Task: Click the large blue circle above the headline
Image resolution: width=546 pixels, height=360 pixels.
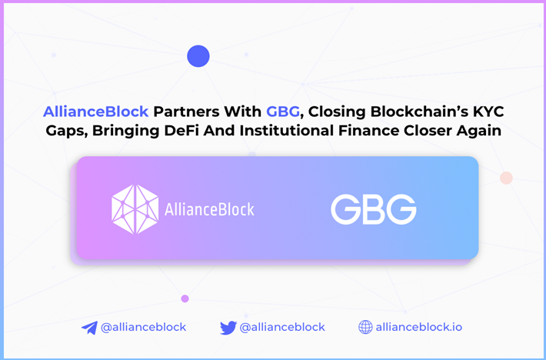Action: (x=198, y=56)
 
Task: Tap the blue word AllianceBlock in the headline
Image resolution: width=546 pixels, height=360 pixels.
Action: (x=96, y=112)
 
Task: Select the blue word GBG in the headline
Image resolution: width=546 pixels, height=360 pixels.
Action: (x=283, y=112)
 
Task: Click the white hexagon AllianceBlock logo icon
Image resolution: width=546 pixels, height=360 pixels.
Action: (x=135, y=209)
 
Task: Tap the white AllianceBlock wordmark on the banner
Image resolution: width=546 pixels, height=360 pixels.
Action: (x=209, y=209)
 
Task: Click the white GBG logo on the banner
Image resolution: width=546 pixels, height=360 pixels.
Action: (x=373, y=209)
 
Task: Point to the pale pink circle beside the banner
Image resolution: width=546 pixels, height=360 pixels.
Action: (x=506, y=178)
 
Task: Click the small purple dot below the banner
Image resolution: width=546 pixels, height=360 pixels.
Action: (x=185, y=298)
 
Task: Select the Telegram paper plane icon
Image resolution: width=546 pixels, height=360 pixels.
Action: (x=89, y=328)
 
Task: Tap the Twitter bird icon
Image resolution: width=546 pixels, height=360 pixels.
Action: (x=228, y=328)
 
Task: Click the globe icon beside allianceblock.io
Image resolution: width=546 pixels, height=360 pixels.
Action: (x=365, y=327)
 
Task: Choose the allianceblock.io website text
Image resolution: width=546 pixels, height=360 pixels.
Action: (x=419, y=327)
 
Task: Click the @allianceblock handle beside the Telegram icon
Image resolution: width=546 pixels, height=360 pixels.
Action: (x=144, y=327)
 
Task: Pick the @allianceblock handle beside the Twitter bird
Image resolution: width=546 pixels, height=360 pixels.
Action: (x=282, y=327)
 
